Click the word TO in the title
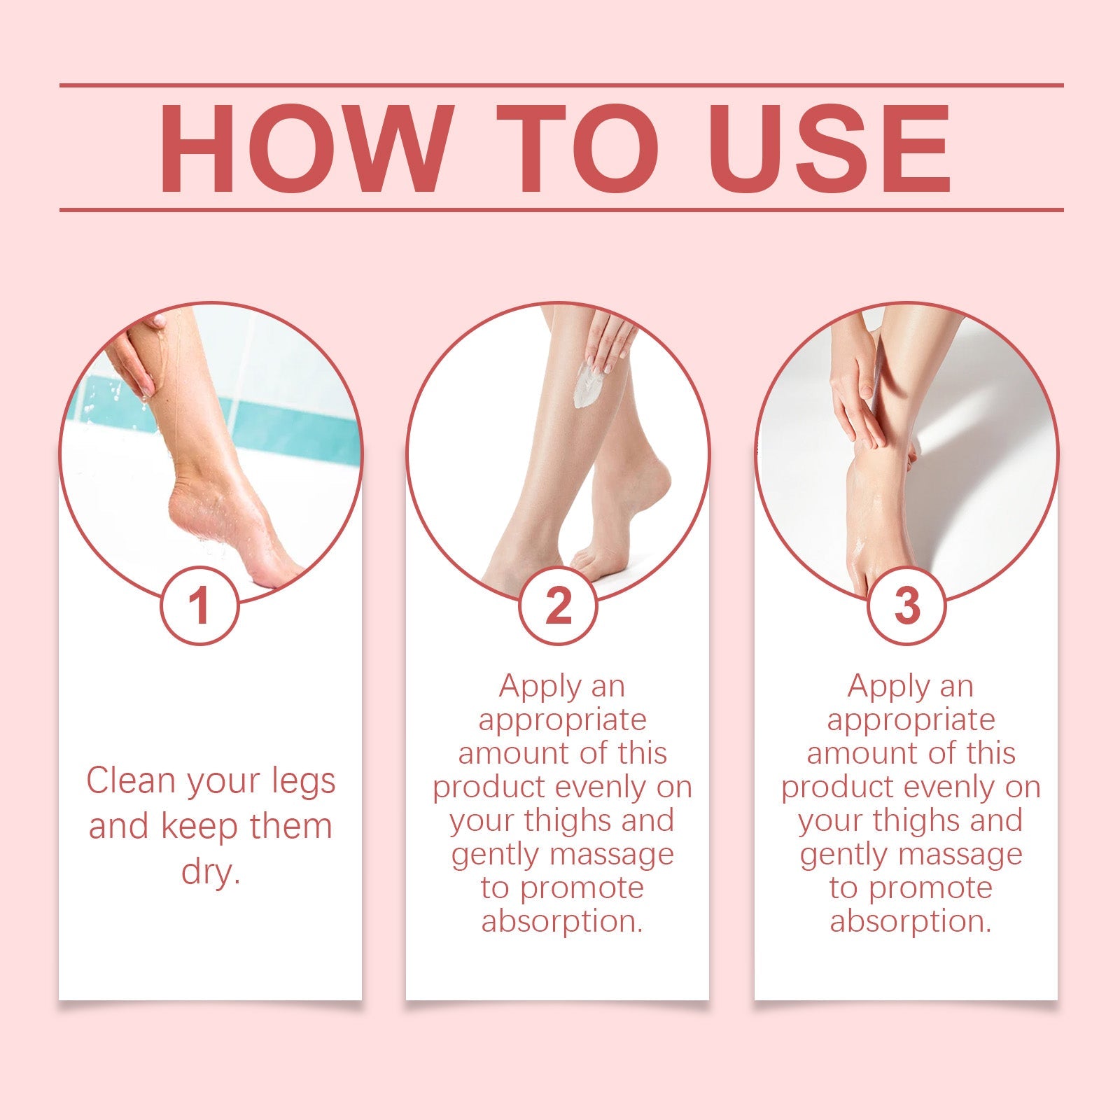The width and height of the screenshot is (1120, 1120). tap(577, 148)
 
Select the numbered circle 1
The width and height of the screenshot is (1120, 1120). tap(199, 605)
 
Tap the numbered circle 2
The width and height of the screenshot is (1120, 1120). tap(558, 605)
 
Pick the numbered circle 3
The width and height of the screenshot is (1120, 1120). tap(907, 605)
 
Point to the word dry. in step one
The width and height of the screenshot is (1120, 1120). tap(211, 871)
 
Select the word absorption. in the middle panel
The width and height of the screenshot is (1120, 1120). tap(562, 920)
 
